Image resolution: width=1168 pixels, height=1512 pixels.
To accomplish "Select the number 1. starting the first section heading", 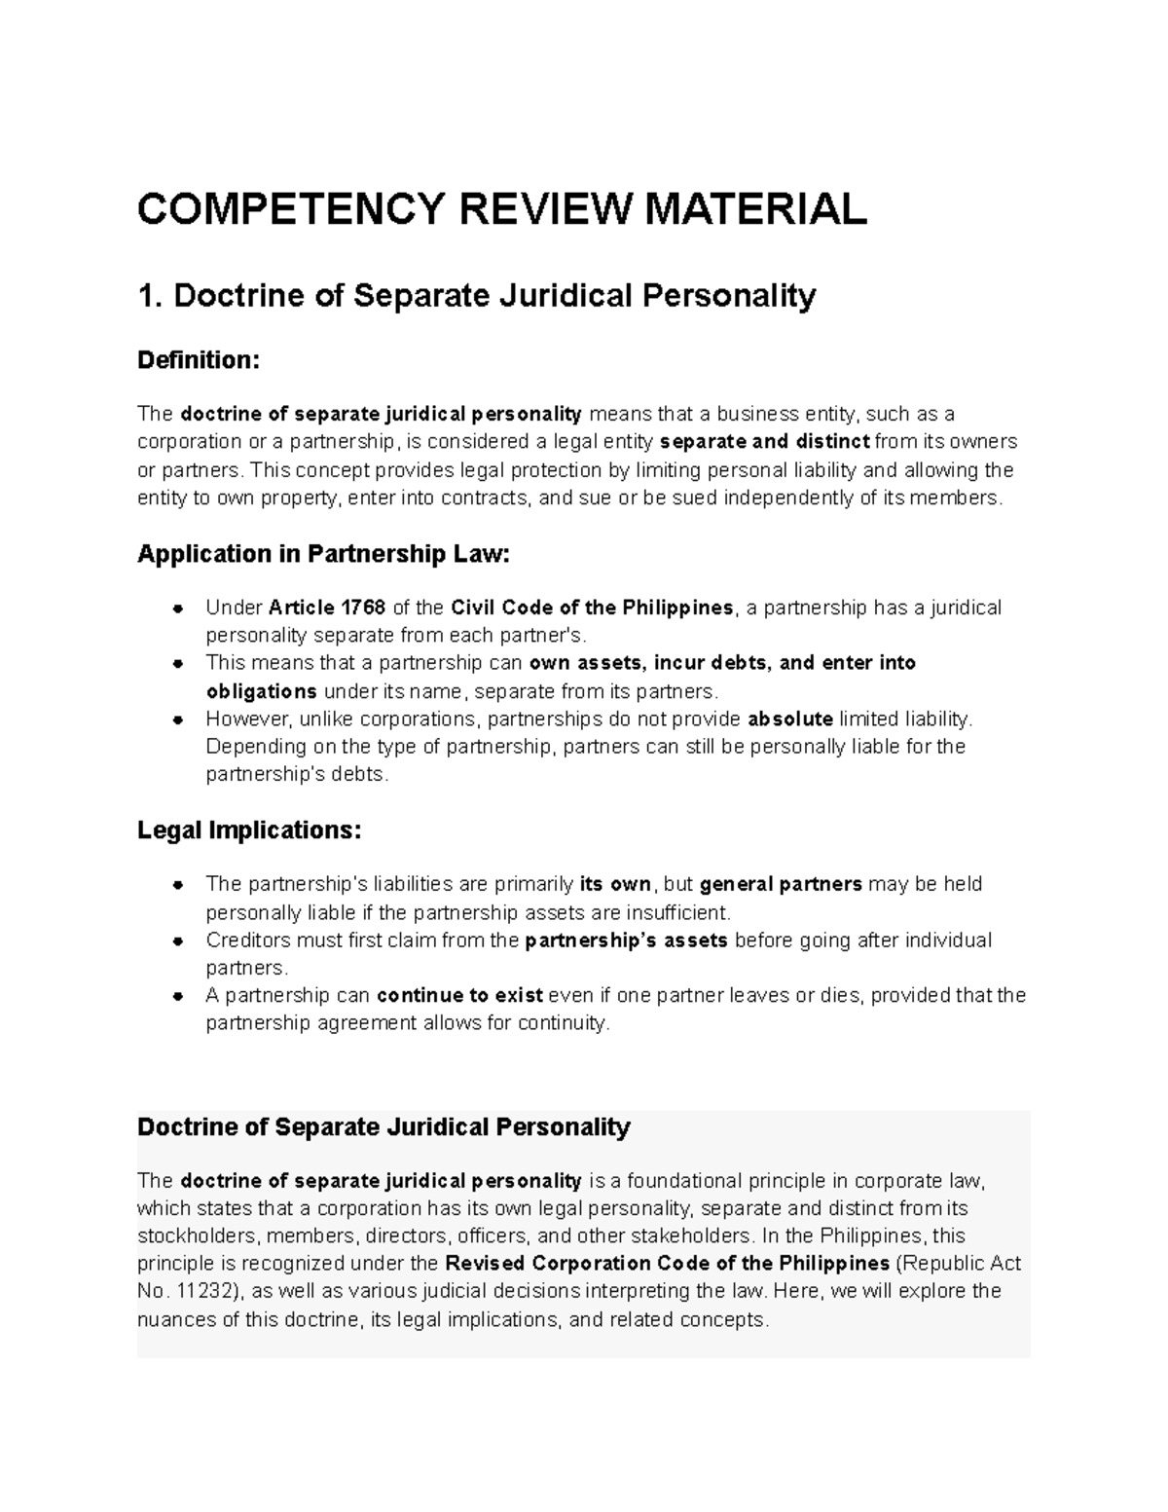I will coord(151,295).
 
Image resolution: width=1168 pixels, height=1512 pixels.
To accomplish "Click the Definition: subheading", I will coord(199,360).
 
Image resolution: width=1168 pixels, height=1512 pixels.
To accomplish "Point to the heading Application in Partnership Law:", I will coord(323,554).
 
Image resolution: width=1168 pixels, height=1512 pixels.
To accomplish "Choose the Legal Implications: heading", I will coord(249,830).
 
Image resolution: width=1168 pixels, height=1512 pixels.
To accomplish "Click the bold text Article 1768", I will coord(326,608).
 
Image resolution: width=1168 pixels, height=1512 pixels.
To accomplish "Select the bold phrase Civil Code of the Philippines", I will coord(593,608).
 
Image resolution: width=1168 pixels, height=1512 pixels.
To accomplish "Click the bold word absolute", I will coord(790,719).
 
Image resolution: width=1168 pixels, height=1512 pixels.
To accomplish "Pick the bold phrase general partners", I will coord(781,884).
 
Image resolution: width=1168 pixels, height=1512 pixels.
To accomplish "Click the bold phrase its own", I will coord(615,884).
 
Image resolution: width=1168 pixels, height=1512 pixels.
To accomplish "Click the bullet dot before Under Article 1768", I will coord(177,609).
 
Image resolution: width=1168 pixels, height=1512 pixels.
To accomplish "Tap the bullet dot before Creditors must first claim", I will coord(177,941).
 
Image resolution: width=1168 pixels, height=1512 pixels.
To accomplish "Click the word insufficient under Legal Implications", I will coord(677,913).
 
